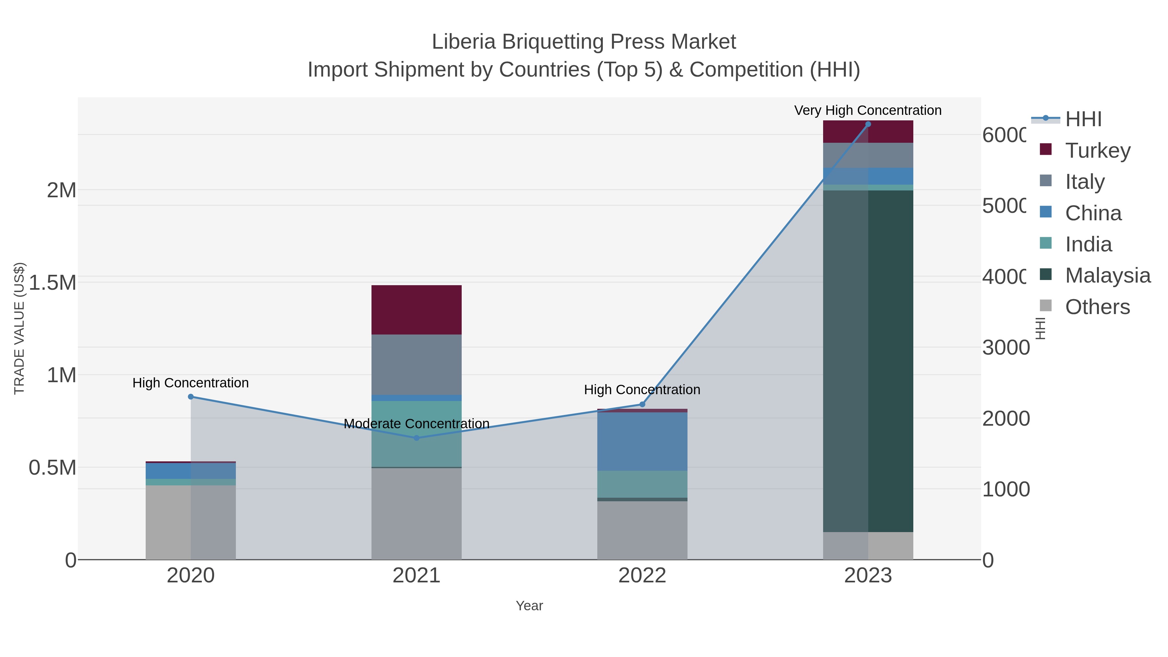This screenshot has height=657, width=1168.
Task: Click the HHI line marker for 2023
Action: pyautogui.click(x=868, y=124)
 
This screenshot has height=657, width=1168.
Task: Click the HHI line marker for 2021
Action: pyautogui.click(x=417, y=438)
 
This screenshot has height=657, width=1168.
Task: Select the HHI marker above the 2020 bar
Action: pyautogui.click(x=191, y=397)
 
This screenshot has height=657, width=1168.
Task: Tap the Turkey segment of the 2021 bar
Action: pyautogui.click(x=416, y=310)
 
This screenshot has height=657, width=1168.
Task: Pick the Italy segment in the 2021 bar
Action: pyautogui.click(x=416, y=365)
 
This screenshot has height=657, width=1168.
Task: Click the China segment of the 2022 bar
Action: pyautogui.click(x=642, y=441)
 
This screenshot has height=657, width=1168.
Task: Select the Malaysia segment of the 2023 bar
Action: pyautogui.click(x=868, y=361)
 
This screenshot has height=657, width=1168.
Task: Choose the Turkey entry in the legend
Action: pyautogui.click(x=1097, y=150)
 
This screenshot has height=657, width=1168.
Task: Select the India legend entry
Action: pyautogui.click(x=1088, y=244)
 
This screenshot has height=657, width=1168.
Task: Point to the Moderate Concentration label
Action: pyautogui.click(x=416, y=423)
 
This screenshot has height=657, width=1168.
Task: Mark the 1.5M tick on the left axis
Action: pyautogui.click(x=52, y=283)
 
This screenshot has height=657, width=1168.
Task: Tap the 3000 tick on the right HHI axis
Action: pyautogui.click(x=1006, y=348)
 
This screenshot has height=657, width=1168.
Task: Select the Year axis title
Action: pyautogui.click(x=529, y=606)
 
